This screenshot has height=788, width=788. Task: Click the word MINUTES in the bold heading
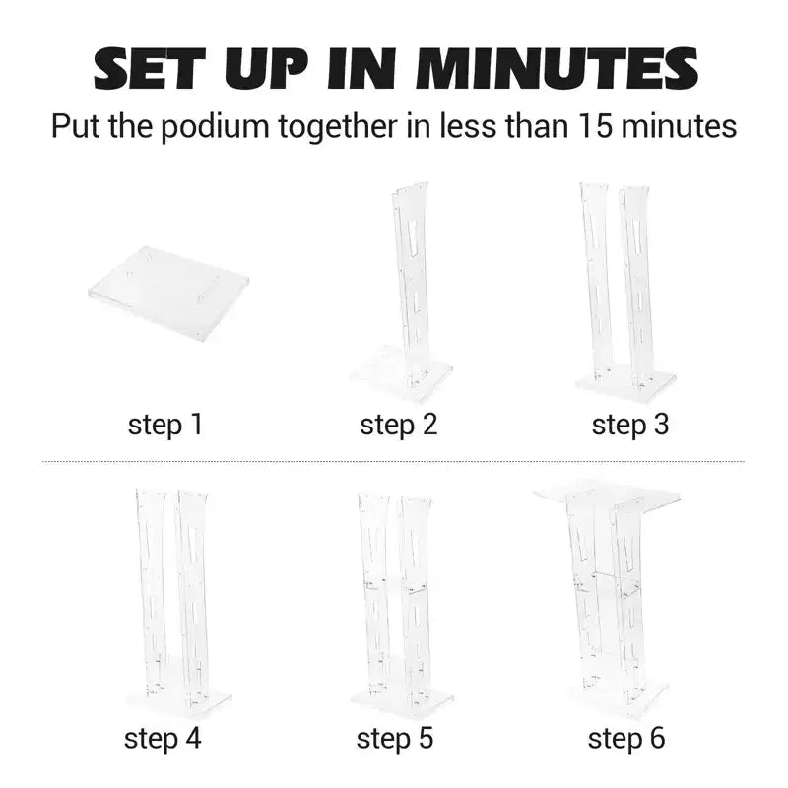click(x=558, y=69)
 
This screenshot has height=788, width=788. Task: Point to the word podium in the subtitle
click(x=215, y=126)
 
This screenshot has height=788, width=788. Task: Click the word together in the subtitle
click(x=338, y=126)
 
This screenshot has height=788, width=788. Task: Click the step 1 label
click(x=165, y=424)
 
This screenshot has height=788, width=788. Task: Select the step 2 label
click(x=399, y=424)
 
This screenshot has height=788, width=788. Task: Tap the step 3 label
click(x=630, y=424)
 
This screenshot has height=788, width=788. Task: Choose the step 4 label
click(x=163, y=738)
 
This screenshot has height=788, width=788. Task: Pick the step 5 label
click(x=395, y=738)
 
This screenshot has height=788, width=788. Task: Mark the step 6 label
click(x=626, y=738)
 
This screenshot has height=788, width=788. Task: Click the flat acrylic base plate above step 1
click(x=168, y=293)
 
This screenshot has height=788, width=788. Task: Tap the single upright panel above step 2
click(x=411, y=282)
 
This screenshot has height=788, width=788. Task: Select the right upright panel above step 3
click(x=635, y=287)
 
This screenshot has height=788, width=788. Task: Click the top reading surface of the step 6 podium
click(x=607, y=493)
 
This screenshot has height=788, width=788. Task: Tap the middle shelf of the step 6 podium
click(x=609, y=583)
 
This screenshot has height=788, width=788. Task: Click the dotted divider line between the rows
click(x=393, y=460)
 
